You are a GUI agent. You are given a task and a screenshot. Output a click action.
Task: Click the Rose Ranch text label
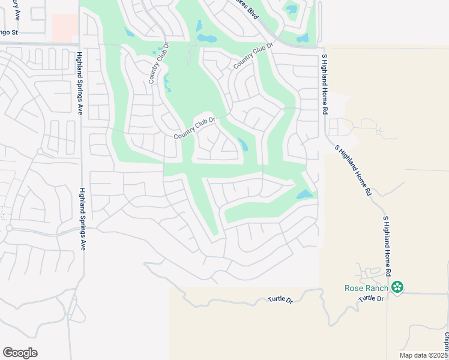[x=366, y=288]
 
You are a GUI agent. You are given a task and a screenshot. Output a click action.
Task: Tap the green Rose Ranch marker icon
[x=397, y=288]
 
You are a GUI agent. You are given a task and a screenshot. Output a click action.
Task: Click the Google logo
[x=20, y=353]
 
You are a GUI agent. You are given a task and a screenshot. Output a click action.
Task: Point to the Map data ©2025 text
[x=424, y=355]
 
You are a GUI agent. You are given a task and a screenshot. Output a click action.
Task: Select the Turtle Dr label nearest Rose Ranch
[x=371, y=298]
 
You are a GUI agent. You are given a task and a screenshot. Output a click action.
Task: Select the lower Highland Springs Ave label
[x=82, y=218]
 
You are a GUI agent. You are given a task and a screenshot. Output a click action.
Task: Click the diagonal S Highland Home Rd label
[x=353, y=170]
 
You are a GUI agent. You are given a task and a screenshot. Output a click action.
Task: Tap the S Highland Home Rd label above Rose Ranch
[x=387, y=245]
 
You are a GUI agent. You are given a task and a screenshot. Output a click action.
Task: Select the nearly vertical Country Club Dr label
[x=157, y=63]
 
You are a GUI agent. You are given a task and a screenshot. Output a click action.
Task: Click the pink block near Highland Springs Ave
[x=65, y=28]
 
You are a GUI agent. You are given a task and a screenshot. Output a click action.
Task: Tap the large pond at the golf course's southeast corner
[x=304, y=195]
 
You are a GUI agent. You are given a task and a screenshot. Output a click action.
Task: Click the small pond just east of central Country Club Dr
[x=243, y=144]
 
